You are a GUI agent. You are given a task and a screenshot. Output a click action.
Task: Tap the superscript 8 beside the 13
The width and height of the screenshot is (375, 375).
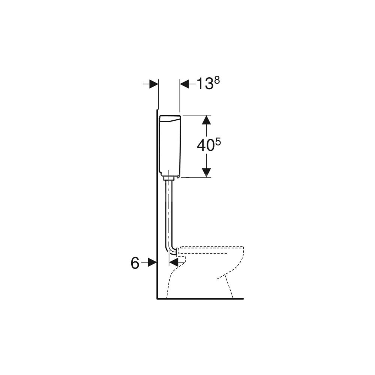(x=217, y=81)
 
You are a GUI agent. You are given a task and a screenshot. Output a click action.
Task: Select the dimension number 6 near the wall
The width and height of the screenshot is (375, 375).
(x=135, y=263)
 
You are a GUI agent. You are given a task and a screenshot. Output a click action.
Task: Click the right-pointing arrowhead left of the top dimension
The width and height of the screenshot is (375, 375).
(x=154, y=84)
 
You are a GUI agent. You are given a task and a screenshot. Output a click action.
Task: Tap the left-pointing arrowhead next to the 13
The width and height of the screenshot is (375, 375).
(x=184, y=84)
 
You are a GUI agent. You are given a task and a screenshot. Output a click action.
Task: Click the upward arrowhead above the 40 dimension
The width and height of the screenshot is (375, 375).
(x=206, y=120)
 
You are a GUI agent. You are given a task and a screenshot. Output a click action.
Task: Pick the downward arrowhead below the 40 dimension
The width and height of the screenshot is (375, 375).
(x=206, y=173)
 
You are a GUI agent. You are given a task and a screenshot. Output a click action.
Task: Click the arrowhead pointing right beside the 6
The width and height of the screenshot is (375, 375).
(x=152, y=262)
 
